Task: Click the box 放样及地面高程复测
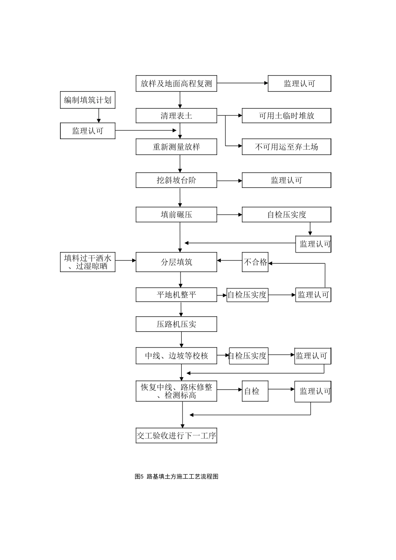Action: tap(176, 83)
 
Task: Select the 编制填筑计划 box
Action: tap(88, 100)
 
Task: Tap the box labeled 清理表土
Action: tap(176, 116)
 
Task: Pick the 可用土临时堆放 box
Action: tap(286, 116)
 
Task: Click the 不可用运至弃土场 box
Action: tap(286, 147)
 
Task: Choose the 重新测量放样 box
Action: tap(176, 147)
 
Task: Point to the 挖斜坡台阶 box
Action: tap(176, 180)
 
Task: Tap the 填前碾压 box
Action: tap(176, 215)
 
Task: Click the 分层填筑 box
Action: tap(176, 262)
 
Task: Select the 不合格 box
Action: tap(255, 262)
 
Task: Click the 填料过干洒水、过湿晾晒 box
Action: tap(88, 262)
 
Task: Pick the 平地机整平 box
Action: tap(176, 295)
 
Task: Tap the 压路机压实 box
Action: tap(176, 324)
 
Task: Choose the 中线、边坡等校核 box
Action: tap(176, 356)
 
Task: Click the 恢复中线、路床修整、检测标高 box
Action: tap(176, 391)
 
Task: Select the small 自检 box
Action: tap(255, 391)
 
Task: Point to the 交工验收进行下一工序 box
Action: tap(176, 436)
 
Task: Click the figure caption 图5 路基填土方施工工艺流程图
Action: tap(177, 477)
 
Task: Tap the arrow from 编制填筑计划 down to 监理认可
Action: tap(99, 116)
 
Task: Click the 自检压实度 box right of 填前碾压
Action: tap(286, 215)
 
